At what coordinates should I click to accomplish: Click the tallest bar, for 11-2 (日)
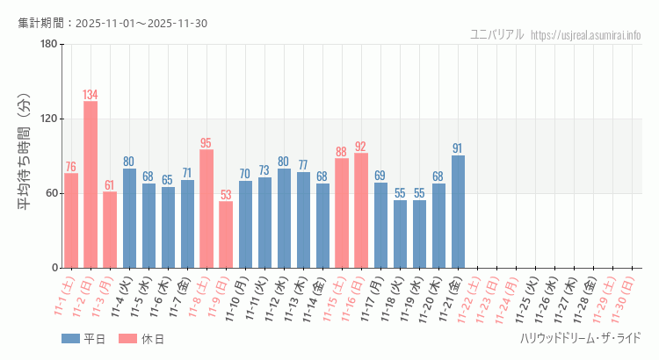pos(91,184)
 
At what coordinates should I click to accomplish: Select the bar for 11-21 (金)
pos(458,212)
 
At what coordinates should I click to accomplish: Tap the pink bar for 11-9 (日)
pos(226,234)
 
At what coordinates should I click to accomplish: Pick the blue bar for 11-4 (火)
pos(129,218)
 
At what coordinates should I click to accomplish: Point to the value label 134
pos(91,95)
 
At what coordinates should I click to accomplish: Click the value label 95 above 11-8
pos(206,143)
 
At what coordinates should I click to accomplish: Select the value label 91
pos(458,148)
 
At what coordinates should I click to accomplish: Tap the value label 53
pos(226,195)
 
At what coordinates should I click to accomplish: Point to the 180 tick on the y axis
pos(48,45)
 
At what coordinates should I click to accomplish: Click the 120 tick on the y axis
pos(48,119)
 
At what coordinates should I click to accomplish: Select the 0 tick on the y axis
pos(54,268)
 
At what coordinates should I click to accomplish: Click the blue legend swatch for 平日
pos(71,339)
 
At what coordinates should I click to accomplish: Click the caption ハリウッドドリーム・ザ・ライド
pos(580,338)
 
